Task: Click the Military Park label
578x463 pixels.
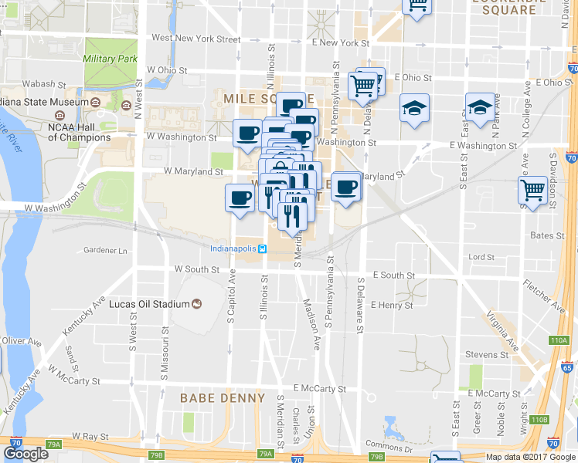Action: (x=110, y=59)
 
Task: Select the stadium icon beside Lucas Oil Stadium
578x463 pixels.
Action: (x=196, y=304)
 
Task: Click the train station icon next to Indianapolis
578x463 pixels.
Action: (x=263, y=248)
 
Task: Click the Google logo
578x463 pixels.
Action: (x=25, y=454)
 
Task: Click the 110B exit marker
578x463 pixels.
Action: (x=539, y=420)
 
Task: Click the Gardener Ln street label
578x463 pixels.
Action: (x=105, y=251)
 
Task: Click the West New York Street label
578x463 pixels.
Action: (x=196, y=38)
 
